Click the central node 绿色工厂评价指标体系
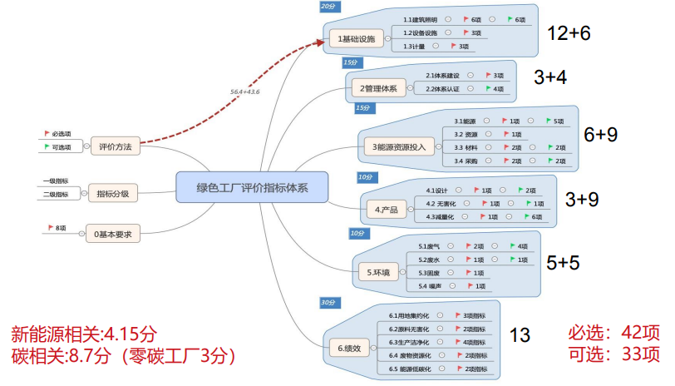click(252, 187)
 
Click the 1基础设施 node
click(357, 38)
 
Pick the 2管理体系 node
click(378, 87)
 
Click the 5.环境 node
click(376, 271)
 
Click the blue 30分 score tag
click(328, 301)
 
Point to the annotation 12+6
click(569, 33)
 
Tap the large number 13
click(520, 335)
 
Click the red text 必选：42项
click(613, 334)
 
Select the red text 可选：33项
click(613, 354)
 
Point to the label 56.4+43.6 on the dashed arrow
click(245, 92)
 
